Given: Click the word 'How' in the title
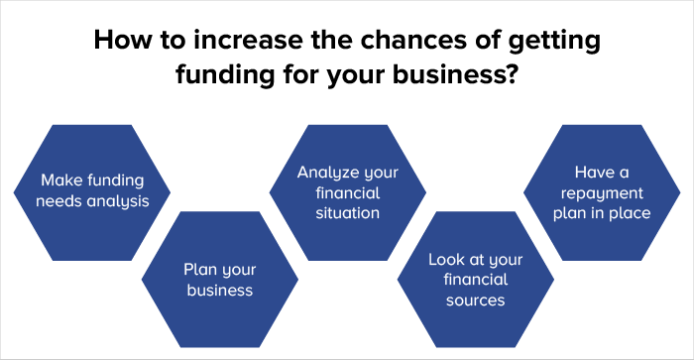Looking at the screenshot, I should [118, 44].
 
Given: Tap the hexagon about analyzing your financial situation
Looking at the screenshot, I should [347, 191].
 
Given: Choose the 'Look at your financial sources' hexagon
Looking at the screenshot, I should [475, 279].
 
